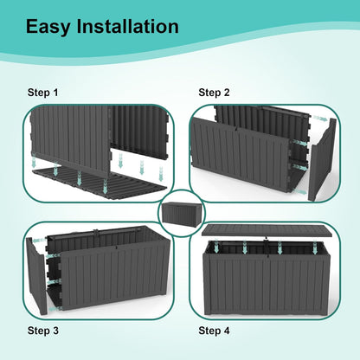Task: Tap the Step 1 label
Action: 43,92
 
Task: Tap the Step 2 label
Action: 214,92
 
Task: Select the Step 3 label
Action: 43,330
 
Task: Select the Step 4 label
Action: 214,330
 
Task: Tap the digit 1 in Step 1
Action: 56,92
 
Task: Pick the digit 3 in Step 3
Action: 56,330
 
